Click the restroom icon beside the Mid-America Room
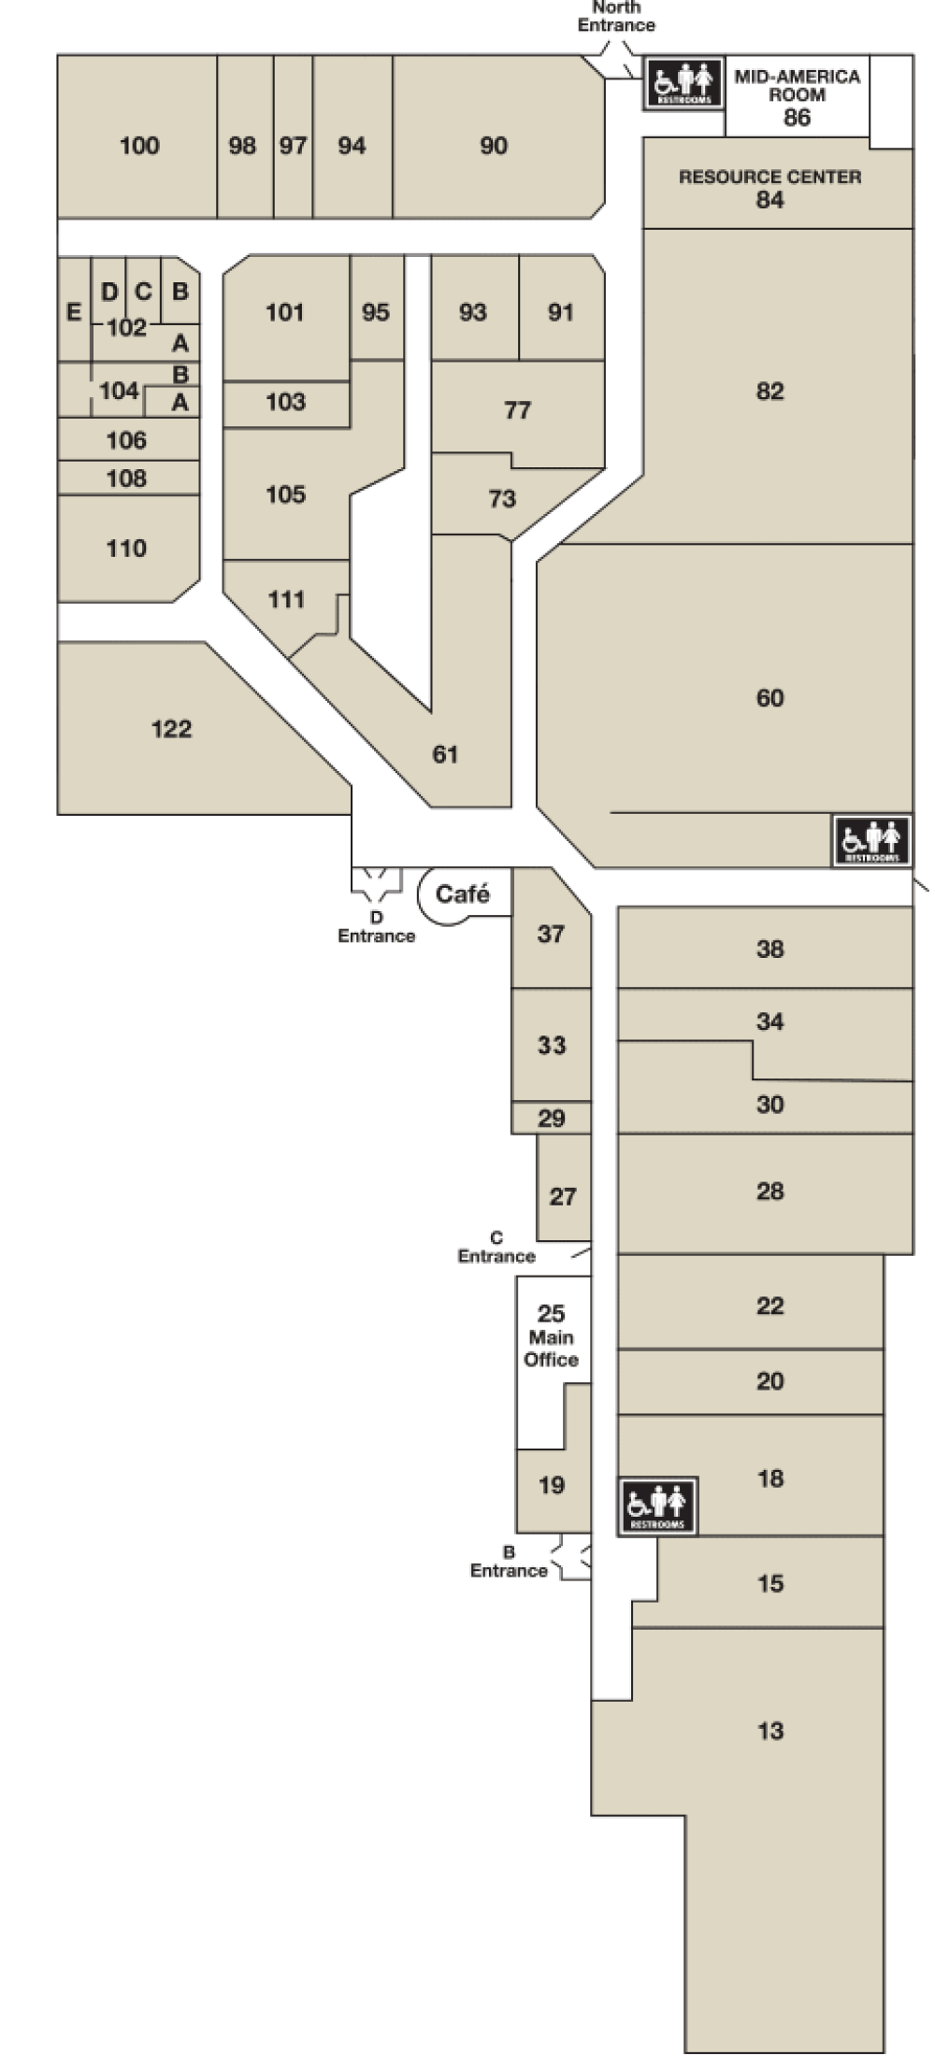click(683, 83)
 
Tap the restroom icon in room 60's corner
click(871, 840)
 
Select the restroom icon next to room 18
click(657, 1506)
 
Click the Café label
click(463, 894)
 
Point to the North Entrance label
click(616, 16)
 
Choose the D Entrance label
click(376, 927)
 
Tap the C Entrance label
click(496, 1248)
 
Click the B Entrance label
click(509, 1562)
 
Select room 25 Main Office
click(551, 1336)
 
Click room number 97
click(293, 146)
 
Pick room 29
click(552, 1118)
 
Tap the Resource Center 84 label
click(770, 188)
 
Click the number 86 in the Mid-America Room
click(797, 118)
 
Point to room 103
click(285, 402)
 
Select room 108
click(126, 478)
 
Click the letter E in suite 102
click(74, 312)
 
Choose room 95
click(375, 312)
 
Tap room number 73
click(502, 499)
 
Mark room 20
click(770, 1381)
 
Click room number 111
click(286, 599)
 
